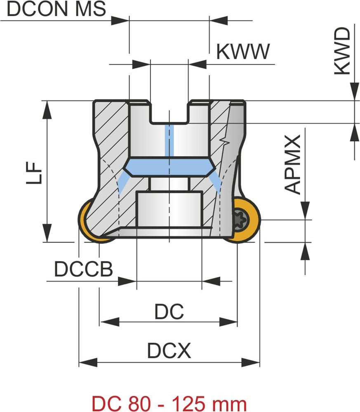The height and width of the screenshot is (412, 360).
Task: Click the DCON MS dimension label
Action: [x=56, y=9]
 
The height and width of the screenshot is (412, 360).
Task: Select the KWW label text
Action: [x=243, y=52]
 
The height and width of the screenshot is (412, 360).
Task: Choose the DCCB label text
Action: [x=84, y=269]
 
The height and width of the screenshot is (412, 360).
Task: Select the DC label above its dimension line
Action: [x=169, y=312]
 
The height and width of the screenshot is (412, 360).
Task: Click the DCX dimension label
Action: [x=169, y=351]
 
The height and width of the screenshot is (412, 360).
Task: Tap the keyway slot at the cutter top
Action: [x=169, y=112]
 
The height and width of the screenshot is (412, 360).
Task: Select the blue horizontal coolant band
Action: [x=169, y=167]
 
